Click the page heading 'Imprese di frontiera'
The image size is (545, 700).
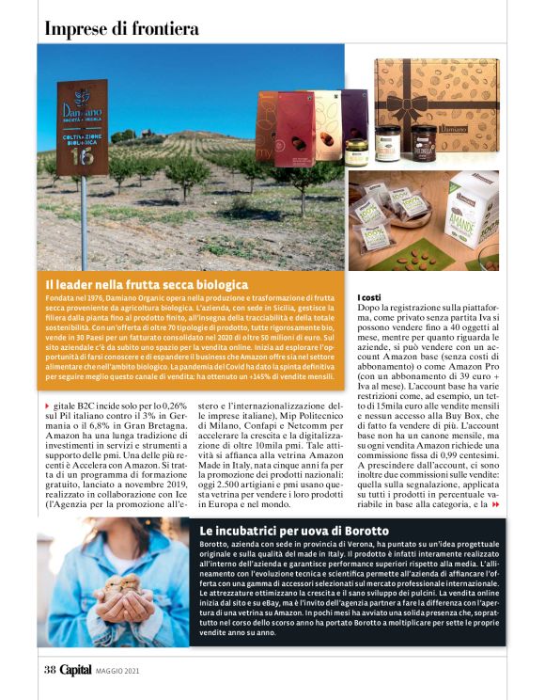tap(121, 28)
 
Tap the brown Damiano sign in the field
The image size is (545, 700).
tap(82, 128)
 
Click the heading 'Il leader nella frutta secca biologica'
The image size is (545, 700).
tap(147, 283)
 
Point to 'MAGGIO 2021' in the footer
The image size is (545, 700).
tap(118, 670)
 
